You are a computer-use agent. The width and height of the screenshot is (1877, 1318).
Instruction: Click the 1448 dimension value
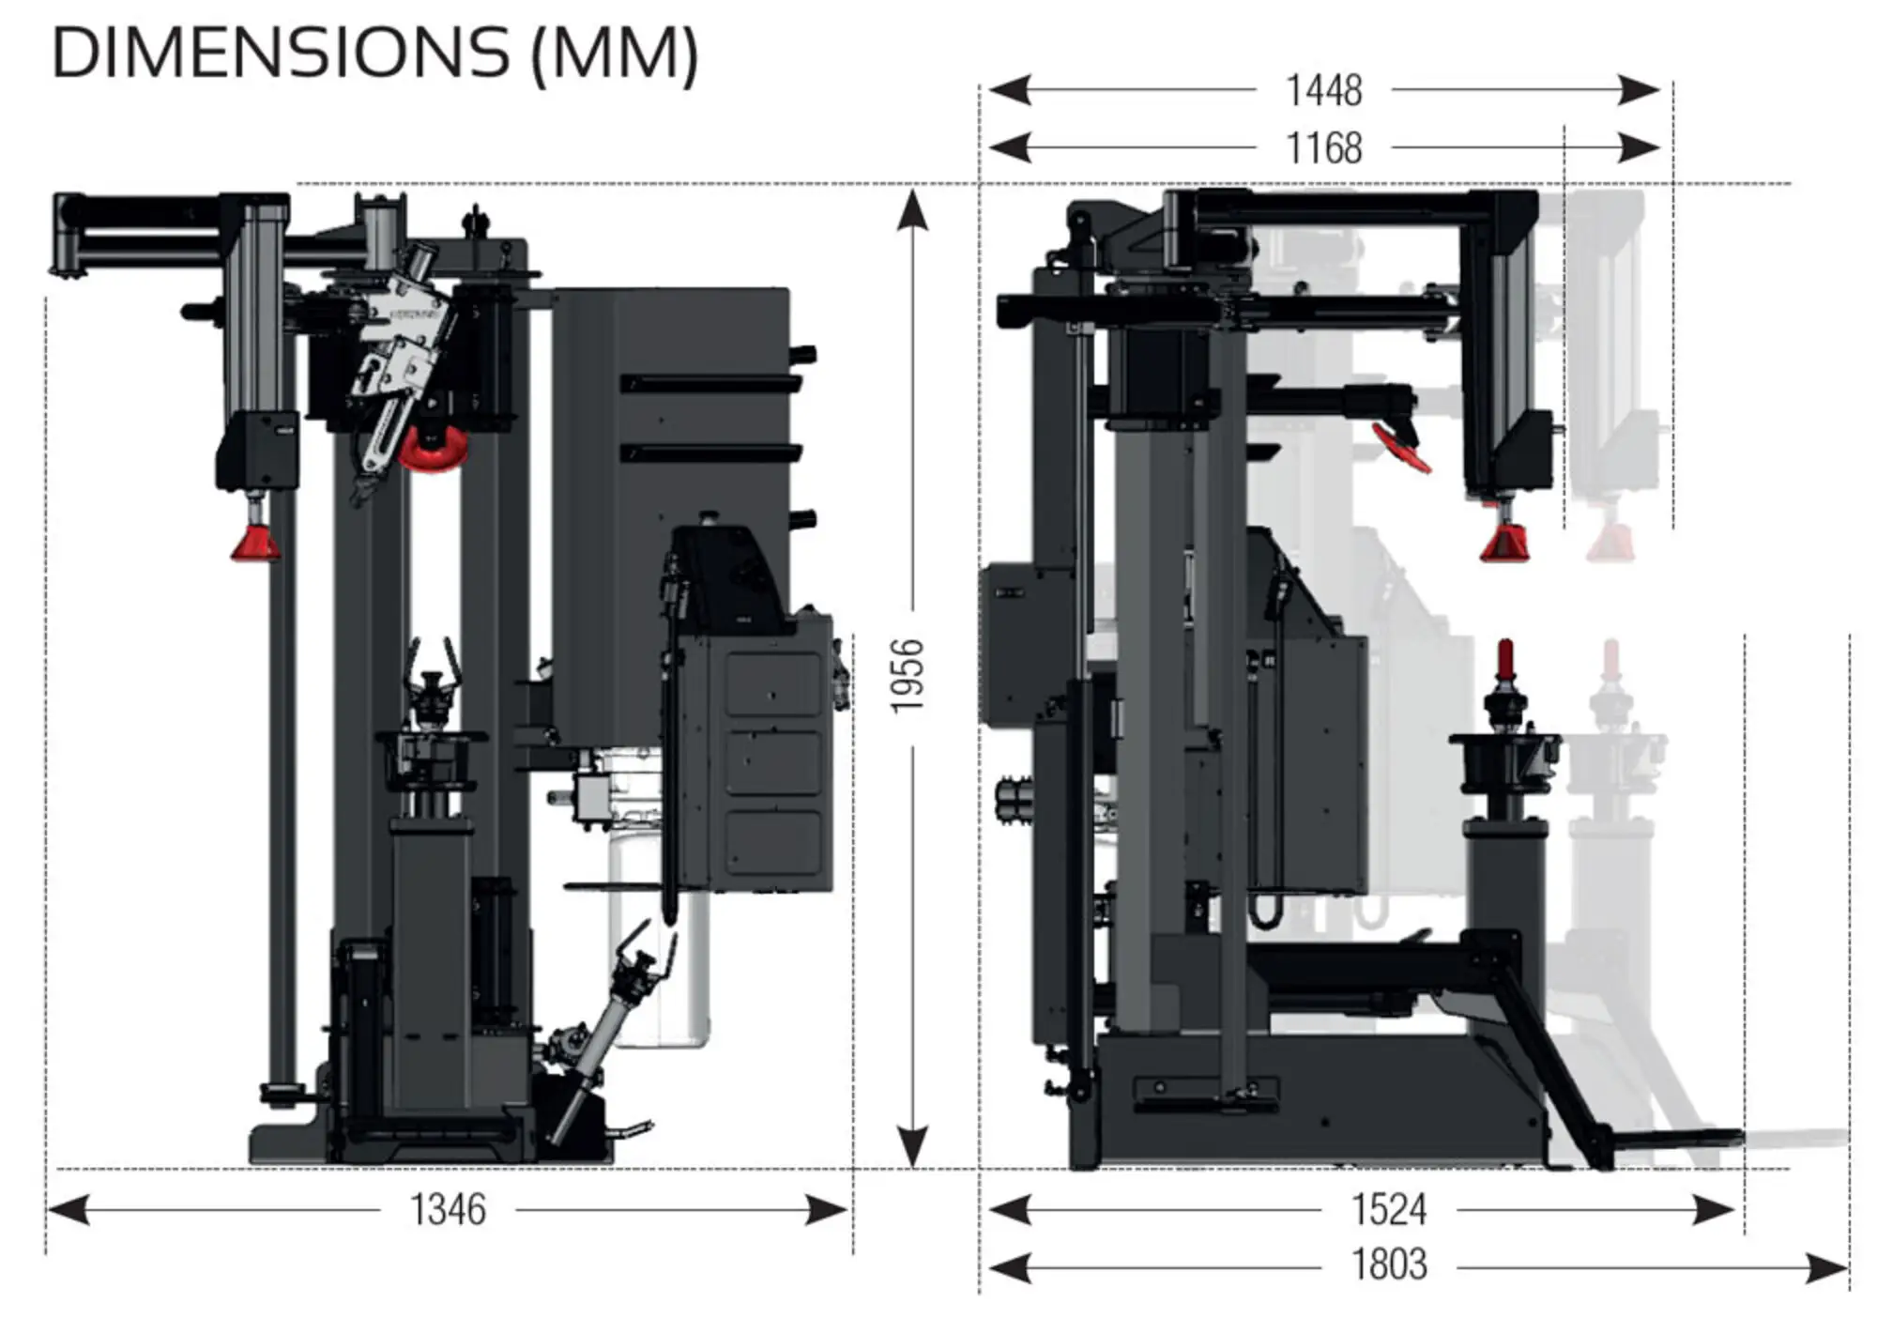(1323, 91)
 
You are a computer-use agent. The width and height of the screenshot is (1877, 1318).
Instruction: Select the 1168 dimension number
(1323, 148)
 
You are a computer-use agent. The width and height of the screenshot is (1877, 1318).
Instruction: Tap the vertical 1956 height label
(908, 676)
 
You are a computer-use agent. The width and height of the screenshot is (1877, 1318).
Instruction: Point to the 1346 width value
(448, 1210)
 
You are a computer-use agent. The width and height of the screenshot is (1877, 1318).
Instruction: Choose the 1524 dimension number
(1389, 1210)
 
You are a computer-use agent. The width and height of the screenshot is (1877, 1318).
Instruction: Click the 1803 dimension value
(1389, 1265)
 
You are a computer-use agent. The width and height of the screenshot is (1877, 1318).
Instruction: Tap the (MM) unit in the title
(615, 54)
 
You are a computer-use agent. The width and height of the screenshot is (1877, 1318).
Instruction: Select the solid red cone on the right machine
(1504, 543)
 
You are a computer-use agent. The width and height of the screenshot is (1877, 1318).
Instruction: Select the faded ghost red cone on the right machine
(1610, 544)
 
